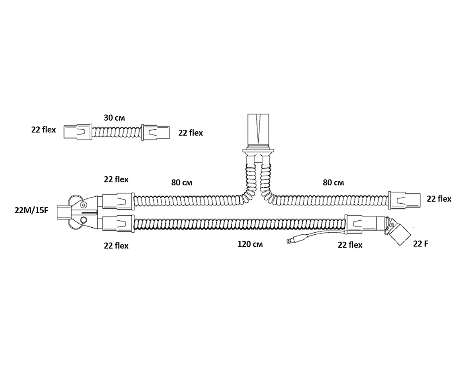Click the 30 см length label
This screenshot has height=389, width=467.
tap(114, 118)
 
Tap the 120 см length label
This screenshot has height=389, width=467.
tap(250, 245)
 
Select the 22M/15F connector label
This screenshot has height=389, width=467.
tap(31, 210)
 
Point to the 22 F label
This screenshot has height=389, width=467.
tap(421, 244)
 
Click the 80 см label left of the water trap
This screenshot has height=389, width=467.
tap(182, 182)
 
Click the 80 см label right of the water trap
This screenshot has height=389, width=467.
tap(333, 182)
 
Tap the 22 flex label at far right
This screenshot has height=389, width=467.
tap(439, 199)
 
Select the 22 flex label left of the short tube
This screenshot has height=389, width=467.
tap(44, 130)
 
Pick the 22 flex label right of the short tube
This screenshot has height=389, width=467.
tap(191, 133)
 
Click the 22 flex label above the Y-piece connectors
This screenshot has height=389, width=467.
tap(116, 179)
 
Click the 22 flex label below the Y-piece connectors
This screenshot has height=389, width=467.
tap(116, 245)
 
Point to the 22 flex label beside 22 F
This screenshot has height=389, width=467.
tap(350, 245)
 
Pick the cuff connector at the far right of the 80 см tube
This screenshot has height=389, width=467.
tap(404, 199)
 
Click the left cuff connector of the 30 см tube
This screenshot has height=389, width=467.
tap(78, 132)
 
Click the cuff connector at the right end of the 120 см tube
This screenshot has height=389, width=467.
tap(361, 223)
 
